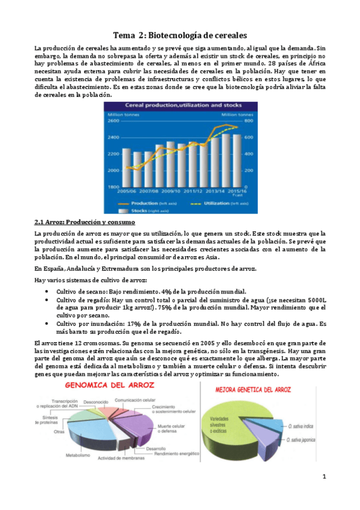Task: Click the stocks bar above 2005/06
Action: pyautogui.click(x=127, y=168)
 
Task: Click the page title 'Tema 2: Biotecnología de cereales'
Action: pyautogui.click(x=180, y=35)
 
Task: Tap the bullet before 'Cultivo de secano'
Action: pyautogui.click(x=47, y=290)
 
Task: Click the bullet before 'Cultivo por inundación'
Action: pyautogui.click(x=47, y=324)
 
